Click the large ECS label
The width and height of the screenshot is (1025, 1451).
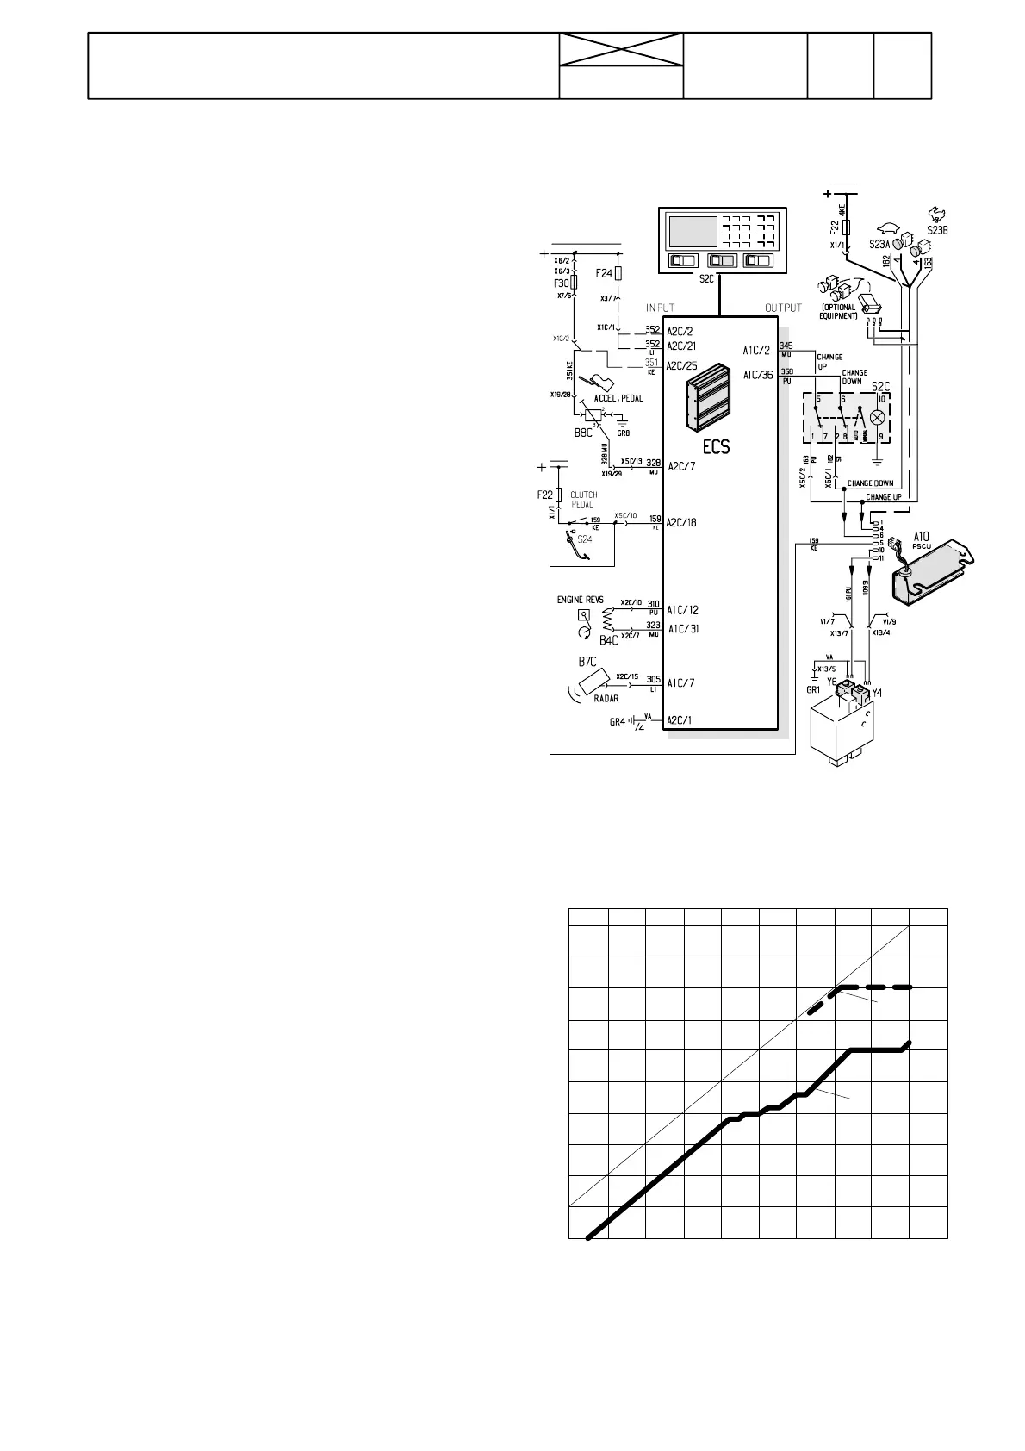click(x=716, y=446)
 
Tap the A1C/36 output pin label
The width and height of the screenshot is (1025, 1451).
click(x=758, y=375)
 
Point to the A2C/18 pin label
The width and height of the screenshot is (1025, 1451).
click(x=681, y=522)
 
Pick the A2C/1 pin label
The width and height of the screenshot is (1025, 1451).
click(x=680, y=719)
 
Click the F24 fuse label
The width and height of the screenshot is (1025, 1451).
click(x=604, y=273)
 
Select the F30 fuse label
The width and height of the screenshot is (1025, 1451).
click(x=562, y=283)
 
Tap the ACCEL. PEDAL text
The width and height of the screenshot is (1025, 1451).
click(x=618, y=398)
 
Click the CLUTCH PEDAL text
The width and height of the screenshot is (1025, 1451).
click(x=584, y=500)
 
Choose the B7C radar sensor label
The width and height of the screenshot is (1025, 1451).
click(x=587, y=662)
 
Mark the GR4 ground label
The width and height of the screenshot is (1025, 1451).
click(x=617, y=721)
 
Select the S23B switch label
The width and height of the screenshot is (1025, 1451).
click(x=936, y=230)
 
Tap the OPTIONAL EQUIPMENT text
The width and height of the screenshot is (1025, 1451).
click(x=839, y=311)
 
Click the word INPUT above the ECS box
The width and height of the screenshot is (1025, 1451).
click(x=661, y=308)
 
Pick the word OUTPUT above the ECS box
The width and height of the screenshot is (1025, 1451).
click(x=783, y=308)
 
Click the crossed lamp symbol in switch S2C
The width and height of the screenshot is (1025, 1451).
click(x=879, y=417)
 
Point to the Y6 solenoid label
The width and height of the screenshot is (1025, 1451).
click(x=831, y=682)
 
